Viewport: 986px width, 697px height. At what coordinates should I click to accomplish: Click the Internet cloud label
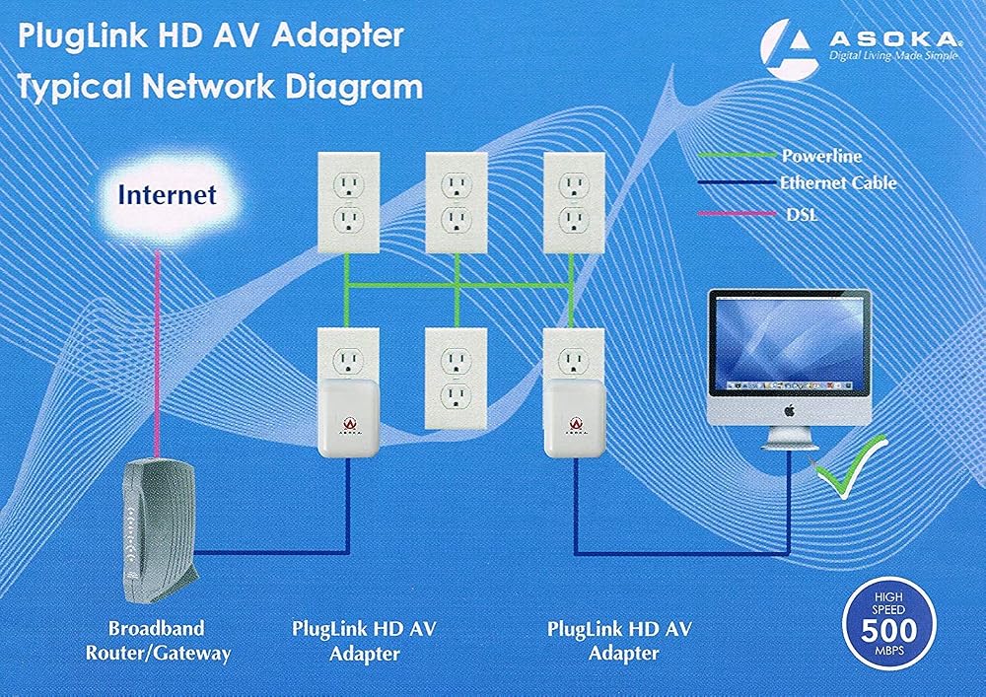168,195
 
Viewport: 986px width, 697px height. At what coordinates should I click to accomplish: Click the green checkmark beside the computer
849,467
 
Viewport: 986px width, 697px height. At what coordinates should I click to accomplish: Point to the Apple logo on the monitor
790,411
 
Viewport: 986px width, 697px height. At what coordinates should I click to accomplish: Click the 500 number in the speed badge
889,630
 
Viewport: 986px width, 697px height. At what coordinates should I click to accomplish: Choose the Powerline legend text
821,156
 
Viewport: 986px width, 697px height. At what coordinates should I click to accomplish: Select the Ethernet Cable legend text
838,183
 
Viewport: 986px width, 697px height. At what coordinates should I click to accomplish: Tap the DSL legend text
802,214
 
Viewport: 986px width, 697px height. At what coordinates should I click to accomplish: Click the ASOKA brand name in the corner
894,39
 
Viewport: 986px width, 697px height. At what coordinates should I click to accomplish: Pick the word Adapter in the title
338,36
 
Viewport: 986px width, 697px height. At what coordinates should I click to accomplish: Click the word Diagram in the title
354,87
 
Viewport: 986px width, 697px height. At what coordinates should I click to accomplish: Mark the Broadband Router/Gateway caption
158,641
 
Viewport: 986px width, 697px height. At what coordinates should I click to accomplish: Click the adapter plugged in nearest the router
348,418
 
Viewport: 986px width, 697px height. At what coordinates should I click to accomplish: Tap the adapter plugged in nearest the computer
575,418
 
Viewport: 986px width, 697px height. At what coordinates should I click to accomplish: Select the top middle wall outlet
457,202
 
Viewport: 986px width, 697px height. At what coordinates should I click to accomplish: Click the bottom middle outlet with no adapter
456,379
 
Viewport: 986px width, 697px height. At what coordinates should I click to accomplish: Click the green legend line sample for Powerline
737,155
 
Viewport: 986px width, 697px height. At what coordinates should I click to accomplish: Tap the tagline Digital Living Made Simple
893,56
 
